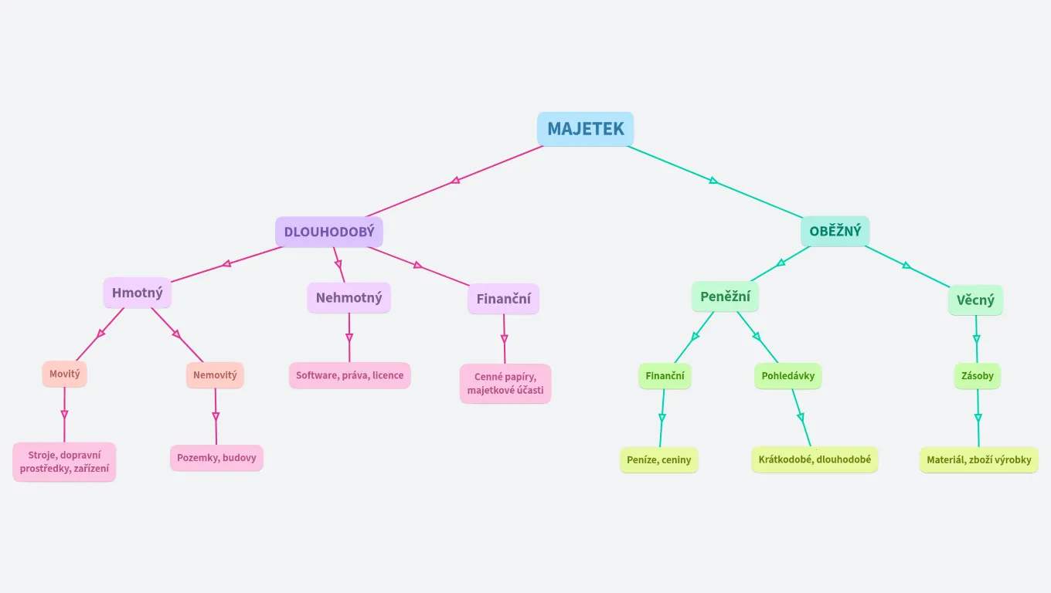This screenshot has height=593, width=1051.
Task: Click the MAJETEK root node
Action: click(585, 129)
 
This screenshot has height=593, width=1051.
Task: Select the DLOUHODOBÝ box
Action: click(329, 232)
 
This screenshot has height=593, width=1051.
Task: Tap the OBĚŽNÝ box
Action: click(835, 231)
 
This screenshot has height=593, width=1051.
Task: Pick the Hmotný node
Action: click(137, 293)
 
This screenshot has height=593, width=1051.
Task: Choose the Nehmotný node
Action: click(349, 297)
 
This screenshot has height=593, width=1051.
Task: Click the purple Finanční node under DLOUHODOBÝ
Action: click(503, 299)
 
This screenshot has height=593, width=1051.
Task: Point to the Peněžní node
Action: click(725, 296)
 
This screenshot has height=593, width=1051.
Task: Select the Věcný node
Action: click(975, 300)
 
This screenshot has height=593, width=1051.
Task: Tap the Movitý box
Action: click(65, 374)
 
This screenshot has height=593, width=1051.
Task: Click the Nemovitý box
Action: click(215, 375)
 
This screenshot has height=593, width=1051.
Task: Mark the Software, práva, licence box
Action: click(349, 375)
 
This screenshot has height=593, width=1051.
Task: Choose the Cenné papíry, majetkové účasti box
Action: click(505, 384)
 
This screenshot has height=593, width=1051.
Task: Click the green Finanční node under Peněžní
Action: click(665, 376)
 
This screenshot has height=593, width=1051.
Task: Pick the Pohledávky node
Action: click(787, 376)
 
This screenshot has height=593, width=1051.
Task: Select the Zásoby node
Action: click(977, 376)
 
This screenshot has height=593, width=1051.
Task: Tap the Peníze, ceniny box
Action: click(658, 460)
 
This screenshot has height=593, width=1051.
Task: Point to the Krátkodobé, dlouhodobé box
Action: click(815, 459)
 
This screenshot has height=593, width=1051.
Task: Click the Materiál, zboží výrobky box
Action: click(978, 460)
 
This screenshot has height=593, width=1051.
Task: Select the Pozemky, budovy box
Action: click(216, 458)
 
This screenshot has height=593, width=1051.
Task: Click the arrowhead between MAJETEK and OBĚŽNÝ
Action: click(713, 181)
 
